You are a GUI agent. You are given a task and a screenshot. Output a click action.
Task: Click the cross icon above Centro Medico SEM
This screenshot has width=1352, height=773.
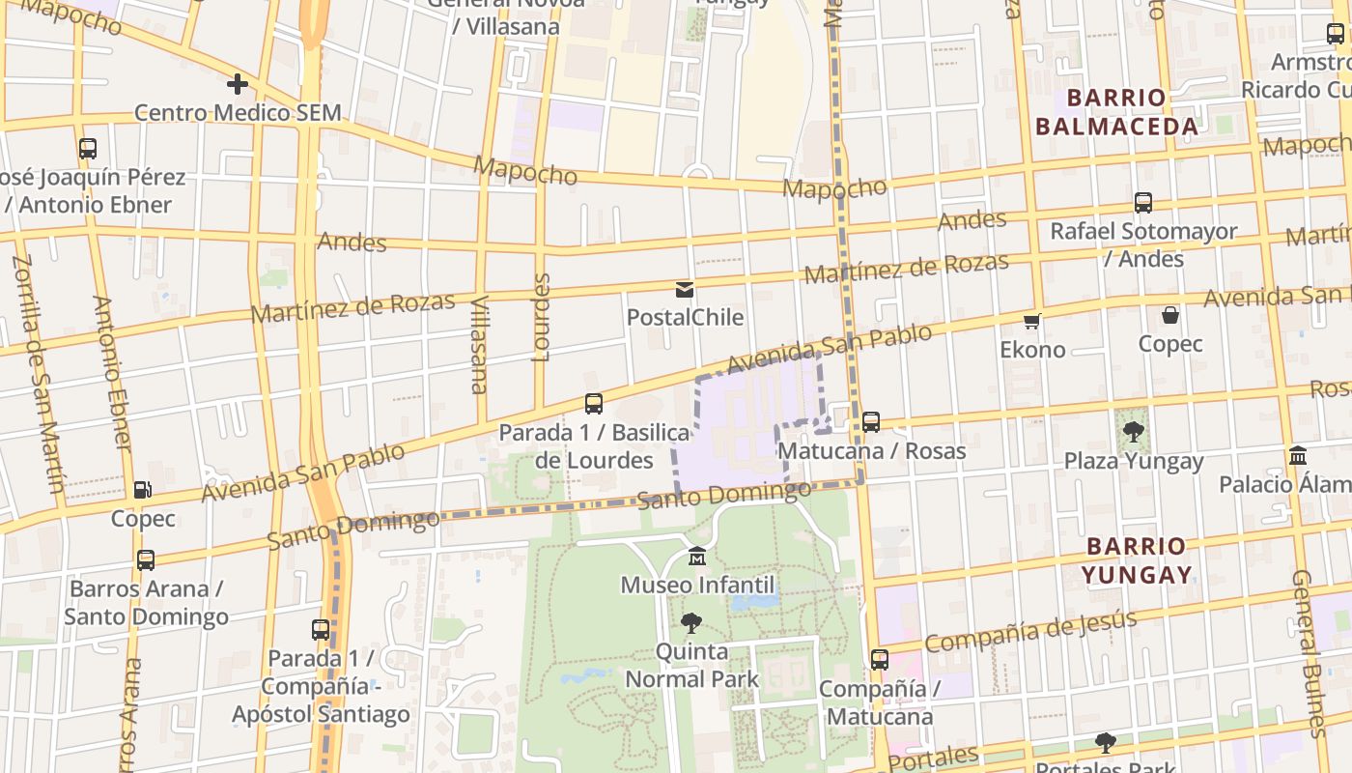coord(238,85)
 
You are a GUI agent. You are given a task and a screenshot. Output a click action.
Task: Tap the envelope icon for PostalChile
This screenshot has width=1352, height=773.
coord(685,289)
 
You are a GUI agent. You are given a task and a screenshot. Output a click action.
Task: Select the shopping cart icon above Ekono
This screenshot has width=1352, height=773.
coord(1032,322)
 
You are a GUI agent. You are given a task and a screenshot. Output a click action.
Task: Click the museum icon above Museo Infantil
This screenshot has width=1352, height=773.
coord(697,558)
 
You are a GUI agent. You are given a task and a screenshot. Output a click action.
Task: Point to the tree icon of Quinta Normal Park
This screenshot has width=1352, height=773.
coord(691,623)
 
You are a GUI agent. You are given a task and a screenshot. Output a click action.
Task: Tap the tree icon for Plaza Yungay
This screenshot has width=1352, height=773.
coord(1134,433)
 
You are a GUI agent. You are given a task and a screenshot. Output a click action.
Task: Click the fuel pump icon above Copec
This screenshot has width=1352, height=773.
coord(142,491)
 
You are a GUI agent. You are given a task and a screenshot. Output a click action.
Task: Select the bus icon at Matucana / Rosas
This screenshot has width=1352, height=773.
coord(871,422)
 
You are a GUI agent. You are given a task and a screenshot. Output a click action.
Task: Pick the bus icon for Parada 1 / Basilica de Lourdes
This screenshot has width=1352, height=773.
coord(594,404)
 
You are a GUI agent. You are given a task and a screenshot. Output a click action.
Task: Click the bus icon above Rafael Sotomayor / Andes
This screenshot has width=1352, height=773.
coord(1143,203)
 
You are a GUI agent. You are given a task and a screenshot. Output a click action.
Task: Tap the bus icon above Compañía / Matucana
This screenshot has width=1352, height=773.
coord(879,660)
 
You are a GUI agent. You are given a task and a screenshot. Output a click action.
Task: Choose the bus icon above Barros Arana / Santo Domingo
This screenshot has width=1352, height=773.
coord(145,560)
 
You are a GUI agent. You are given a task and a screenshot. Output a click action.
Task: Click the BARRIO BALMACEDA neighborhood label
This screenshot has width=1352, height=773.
coord(1116,112)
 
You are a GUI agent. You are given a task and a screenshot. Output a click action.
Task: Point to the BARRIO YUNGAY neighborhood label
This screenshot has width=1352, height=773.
coord(1136,560)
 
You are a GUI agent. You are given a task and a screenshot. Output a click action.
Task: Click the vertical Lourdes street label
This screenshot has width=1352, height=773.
coord(542,317)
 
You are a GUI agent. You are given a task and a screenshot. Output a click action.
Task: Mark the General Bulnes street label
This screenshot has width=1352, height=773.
coord(1311,652)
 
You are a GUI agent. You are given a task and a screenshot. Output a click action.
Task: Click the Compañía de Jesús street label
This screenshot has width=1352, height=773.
coord(1030,630)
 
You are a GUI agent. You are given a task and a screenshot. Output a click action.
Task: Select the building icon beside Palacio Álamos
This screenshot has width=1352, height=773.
coord(1298,455)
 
